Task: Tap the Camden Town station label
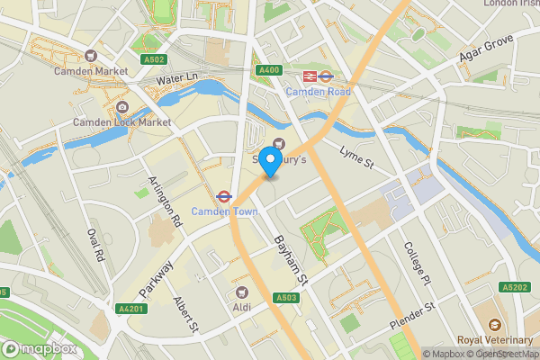[x=224, y=211]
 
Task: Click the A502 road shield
[x=153, y=60]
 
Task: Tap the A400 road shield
[x=268, y=70]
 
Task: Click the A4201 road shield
[x=130, y=309]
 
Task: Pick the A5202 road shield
[x=515, y=287]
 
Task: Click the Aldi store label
[x=241, y=307]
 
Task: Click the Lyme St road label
[x=355, y=160]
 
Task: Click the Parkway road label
[x=157, y=269]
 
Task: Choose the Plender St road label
[x=411, y=315]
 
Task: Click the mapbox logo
[x=40, y=348]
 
